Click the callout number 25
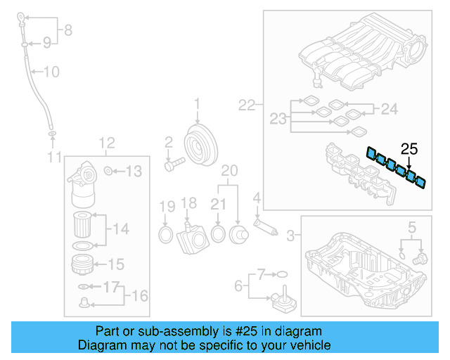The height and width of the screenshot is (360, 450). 409,148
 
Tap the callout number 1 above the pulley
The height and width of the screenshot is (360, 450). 198,105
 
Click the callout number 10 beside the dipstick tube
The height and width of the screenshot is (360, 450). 52,72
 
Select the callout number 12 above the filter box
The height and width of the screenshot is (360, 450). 106,144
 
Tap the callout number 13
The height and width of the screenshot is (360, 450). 134,171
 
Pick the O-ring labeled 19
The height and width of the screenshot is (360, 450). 165,233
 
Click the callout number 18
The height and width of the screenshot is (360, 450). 188,203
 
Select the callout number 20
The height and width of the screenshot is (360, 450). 229,170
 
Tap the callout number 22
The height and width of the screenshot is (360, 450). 246,105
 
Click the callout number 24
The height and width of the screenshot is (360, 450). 389,109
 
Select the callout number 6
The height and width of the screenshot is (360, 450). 238,286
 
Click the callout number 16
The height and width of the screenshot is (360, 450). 141,295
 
